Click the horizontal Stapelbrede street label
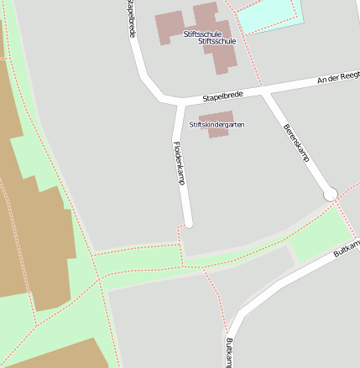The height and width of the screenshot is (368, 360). [222, 96]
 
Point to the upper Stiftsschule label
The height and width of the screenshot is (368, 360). [201, 34]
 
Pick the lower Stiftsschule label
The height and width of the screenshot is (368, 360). [217, 40]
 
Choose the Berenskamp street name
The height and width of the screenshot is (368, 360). [296, 143]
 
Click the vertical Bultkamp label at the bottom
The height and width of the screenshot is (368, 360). [228, 352]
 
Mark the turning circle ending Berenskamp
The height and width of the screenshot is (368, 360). [330, 194]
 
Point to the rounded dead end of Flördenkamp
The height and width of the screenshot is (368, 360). [189, 224]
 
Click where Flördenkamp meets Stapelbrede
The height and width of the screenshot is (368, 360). [179, 103]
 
